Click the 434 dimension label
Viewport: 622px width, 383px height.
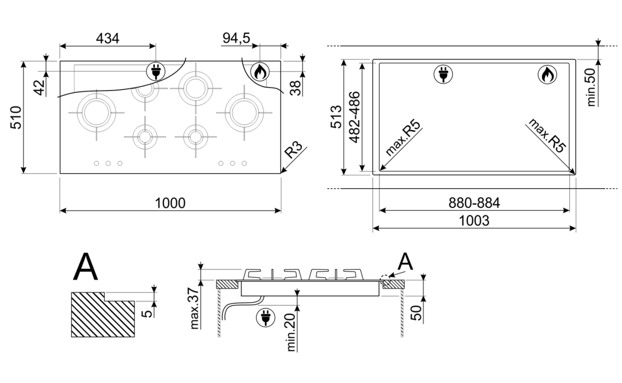pyautogui.click(x=107, y=38)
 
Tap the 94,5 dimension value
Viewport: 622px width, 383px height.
pyautogui.click(x=236, y=38)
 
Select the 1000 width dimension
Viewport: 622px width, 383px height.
pyautogui.click(x=170, y=203)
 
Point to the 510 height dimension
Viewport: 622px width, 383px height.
pyautogui.click(x=16, y=118)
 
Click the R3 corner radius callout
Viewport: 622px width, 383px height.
pyautogui.click(x=293, y=149)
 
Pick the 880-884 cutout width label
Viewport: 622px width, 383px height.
pyautogui.click(x=474, y=203)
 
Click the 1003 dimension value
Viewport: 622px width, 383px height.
pyautogui.click(x=474, y=221)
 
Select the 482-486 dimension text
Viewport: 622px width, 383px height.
pyautogui.click(x=354, y=117)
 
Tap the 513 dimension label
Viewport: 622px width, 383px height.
pyautogui.click(x=336, y=117)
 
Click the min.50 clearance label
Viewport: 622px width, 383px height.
pyautogui.click(x=591, y=87)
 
